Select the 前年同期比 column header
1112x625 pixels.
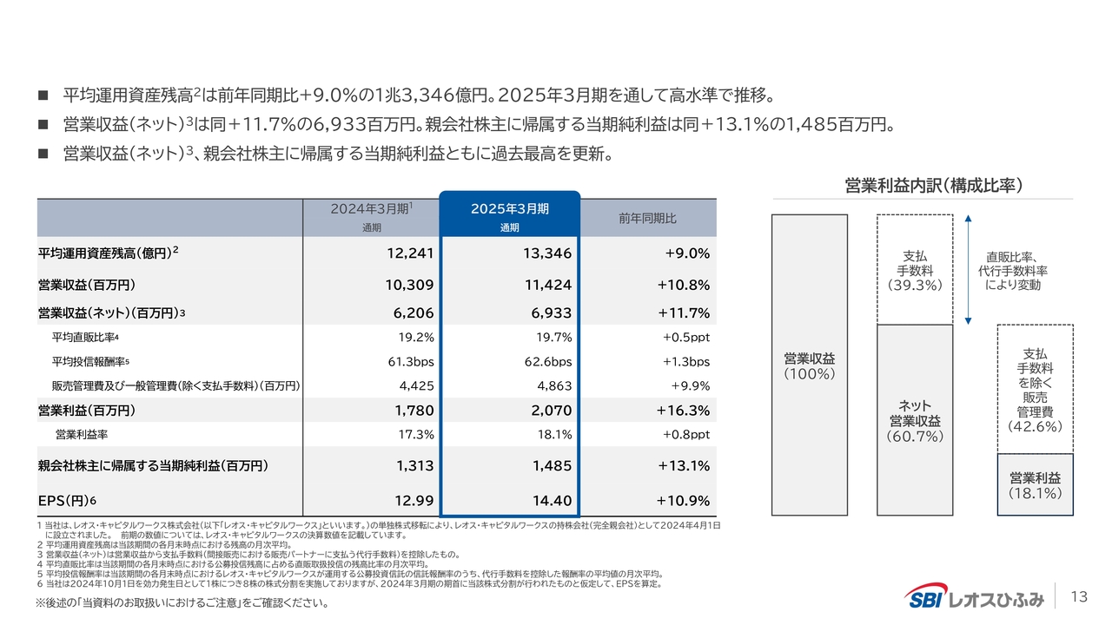tap(647, 218)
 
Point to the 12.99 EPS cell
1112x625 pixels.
tap(414, 500)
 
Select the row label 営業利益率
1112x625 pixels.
tap(82, 434)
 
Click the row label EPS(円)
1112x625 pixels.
tap(67, 501)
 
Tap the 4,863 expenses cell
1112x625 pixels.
tap(553, 385)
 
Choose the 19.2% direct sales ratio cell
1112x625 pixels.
tap(415, 337)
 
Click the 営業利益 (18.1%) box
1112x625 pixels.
tap(1035, 484)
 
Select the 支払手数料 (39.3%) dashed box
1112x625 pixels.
tap(915, 269)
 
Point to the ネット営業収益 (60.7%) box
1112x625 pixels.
tap(915, 420)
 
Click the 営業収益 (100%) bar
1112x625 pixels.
tap(809, 365)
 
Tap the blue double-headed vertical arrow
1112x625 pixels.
tap(967, 269)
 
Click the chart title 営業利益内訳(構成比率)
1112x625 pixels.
tap(932, 185)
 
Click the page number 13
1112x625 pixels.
tap(1079, 596)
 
